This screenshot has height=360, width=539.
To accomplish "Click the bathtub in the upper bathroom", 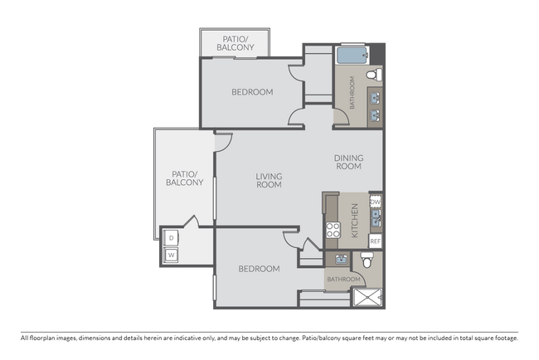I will click(x=351, y=57).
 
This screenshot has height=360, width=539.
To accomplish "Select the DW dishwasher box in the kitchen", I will click(x=376, y=202).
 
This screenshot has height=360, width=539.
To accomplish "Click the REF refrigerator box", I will click(x=376, y=241).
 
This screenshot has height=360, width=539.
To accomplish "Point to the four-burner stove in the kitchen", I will click(x=333, y=230).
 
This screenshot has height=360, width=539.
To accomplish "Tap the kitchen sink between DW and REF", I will click(x=376, y=220).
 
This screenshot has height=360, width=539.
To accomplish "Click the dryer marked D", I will click(x=172, y=238).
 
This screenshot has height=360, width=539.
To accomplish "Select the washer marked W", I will click(x=172, y=255).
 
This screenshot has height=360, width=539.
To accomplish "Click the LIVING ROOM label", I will click(x=269, y=180).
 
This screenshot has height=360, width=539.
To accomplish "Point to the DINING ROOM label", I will click(x=349, y=162).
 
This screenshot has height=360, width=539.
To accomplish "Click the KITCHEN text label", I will click(x=355, y=221).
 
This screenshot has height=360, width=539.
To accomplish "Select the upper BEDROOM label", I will click(x=252, y=92).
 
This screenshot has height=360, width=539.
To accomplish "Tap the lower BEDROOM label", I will click(x=259, y=269).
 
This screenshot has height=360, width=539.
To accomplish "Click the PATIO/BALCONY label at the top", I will click(x=232, y=43).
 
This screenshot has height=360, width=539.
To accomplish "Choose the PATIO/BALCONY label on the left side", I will click(x=184, y=178).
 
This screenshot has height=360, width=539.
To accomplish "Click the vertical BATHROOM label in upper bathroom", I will click(x=352, y=93).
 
